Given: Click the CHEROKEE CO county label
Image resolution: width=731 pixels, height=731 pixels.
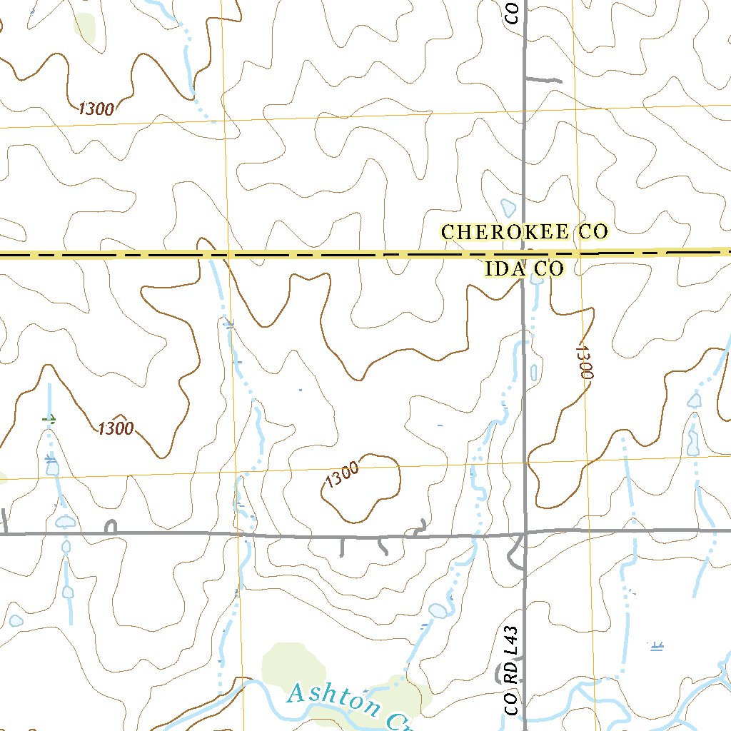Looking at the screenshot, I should point(524,232).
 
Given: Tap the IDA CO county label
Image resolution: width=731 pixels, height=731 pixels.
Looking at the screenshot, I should point(524,269).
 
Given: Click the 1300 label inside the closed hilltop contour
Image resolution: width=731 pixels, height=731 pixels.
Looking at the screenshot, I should point(341,475).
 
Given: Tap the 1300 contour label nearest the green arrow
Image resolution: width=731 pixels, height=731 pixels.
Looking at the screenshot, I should point(116,428).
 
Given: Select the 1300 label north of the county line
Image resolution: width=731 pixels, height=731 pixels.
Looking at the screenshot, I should point(96,109).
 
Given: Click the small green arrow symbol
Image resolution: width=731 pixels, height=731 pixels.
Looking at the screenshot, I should point(49,419).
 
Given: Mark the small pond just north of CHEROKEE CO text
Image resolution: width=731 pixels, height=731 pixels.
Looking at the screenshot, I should point(508,208).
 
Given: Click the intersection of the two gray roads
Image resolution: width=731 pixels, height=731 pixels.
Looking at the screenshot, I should point(525,533).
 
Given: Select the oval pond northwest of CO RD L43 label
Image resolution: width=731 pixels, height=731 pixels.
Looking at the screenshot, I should point(438,610).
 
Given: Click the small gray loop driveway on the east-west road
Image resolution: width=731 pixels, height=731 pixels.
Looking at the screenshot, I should point(111,527).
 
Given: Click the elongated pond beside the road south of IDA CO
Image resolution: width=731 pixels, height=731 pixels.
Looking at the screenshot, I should point(533,372).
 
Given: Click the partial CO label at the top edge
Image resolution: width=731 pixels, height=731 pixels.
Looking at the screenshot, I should point(513,12).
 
